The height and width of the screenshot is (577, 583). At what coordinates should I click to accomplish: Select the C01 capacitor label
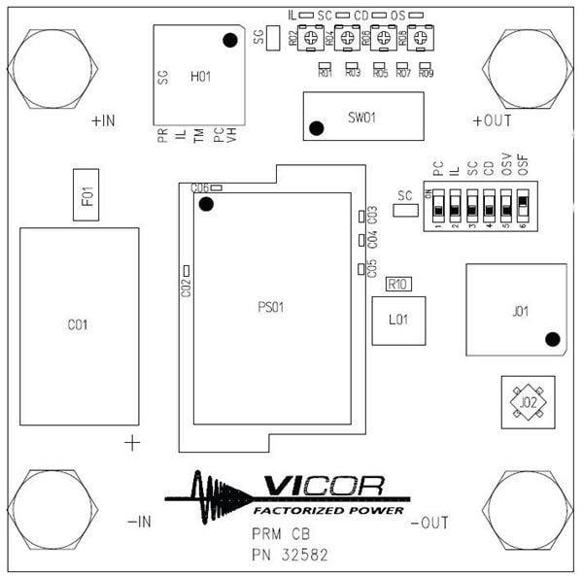point(78,324)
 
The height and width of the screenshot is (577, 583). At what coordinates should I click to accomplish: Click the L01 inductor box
point(397,320)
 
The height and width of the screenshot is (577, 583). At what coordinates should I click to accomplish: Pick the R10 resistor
point(397,285)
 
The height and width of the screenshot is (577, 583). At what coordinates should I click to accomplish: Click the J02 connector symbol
point(528,402)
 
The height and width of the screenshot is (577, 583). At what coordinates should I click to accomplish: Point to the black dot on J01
point(552,339)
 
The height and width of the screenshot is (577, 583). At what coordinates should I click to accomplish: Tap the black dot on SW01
point(316,128)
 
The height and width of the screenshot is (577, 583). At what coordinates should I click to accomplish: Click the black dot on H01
point(230,40)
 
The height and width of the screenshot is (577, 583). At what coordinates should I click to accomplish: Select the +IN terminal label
point(103,121)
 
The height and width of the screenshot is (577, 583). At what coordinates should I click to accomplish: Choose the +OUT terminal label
point(491,121)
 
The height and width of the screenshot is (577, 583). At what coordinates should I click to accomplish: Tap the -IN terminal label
point(139,522)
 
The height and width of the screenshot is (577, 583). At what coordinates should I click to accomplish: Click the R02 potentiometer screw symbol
point(311,39)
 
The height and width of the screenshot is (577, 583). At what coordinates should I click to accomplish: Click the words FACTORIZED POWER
point(328,510)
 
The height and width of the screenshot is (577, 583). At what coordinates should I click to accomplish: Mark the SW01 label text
point(361,117)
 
